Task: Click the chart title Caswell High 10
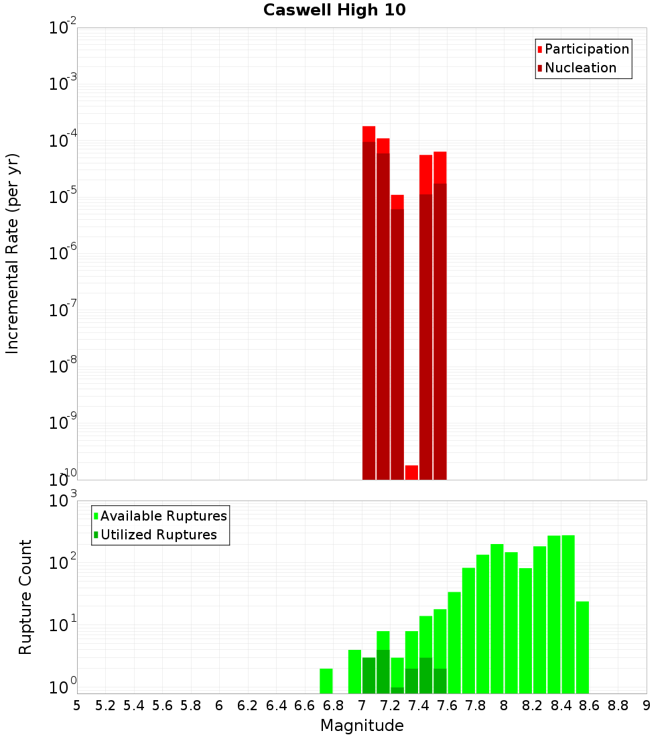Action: click(x=334, y=11)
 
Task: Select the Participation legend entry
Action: click(x=586, y=50)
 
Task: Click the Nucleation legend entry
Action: click(x=580, y=68)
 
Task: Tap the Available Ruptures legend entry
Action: click(x=163, y=517)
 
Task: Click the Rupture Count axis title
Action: click(x=25, y=597)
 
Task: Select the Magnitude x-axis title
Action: click(x=362, y=726)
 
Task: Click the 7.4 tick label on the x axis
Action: click(x=419, y=706)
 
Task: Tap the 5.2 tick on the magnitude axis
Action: click(x=105, y=706)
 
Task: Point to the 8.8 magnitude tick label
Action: click(x=618, y=706)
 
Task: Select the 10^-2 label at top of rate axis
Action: click(x=63, y=28)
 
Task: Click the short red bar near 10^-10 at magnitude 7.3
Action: click(x=411, y=472)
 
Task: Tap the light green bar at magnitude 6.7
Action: click(x=326, y=681)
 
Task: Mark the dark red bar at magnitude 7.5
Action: click(x=440, y=332)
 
